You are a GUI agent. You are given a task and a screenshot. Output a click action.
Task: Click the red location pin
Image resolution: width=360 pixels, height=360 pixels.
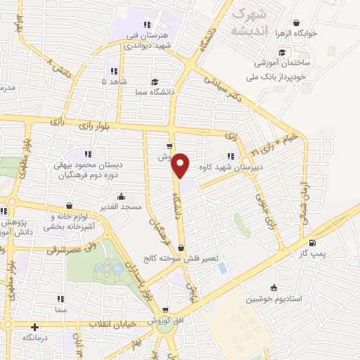[x=181, y=165]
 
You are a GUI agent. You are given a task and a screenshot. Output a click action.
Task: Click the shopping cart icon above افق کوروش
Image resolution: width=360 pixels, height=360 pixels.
[x=165, y=309]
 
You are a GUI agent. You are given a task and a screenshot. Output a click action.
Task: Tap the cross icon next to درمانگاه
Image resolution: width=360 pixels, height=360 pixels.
[x=34, y=327]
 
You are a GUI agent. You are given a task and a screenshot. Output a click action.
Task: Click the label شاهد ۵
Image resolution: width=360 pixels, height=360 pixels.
[x=114, y=82]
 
